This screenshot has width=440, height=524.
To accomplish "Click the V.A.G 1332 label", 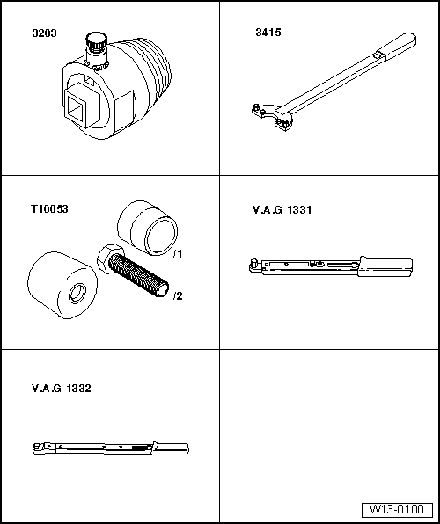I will point(61,387).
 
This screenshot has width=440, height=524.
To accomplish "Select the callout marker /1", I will point(177,254).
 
